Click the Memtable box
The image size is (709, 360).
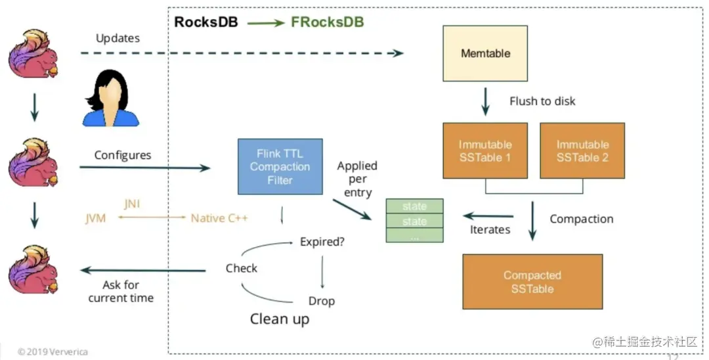pos(485,53)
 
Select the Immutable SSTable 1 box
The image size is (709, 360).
pos(485,150)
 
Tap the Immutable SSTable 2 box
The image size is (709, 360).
pos(582,150)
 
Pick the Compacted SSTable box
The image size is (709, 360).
pos(532,282)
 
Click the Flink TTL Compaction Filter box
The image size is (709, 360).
pos(280,166)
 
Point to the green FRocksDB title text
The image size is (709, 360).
pos(327,22)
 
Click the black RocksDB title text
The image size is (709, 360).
pos(205,22)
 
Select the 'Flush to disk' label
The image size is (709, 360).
pos(542,101)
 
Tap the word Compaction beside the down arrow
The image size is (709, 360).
pos(581,219)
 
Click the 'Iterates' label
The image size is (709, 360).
pos(490,229)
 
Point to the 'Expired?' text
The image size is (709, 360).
pos(322,241)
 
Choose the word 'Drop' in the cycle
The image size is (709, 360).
pos(322,301)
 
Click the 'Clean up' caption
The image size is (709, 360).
pos(280,319)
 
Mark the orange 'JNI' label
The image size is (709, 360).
pos(132,204)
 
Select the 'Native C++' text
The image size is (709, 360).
pos(219,217)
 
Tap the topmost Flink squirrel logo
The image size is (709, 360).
pos(33,55)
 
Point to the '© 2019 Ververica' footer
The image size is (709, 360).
pos(53,351)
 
